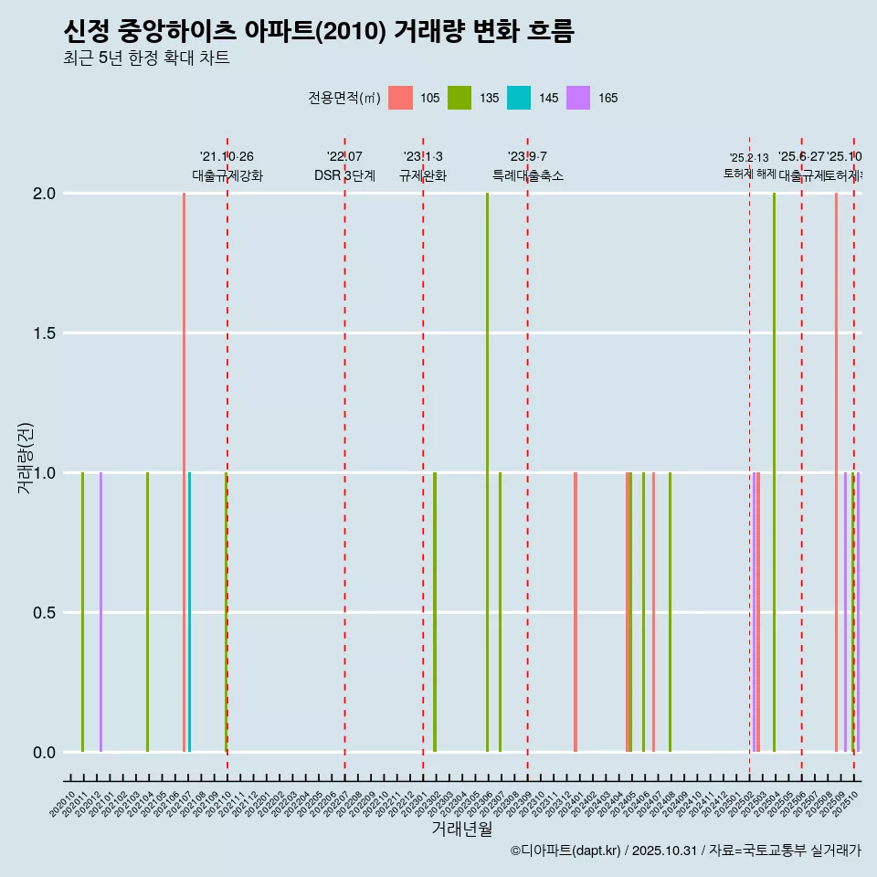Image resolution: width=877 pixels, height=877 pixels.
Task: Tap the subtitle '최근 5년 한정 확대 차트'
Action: click(x=146, y=58)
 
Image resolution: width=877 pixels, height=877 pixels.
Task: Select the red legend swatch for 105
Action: click(x=400, y=98)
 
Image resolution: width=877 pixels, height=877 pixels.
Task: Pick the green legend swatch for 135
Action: click(x=460, y=98)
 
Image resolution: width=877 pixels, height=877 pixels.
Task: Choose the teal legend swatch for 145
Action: click(x=519, y=98)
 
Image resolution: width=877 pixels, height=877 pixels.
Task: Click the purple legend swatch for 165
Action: click(x=578, y=98)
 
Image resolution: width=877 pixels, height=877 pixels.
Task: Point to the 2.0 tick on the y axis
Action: click(x=45, y=194)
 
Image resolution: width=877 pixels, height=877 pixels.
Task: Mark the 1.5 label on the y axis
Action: click(x=45, y=333)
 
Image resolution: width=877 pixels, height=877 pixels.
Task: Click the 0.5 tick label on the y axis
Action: click(x=45, y=613)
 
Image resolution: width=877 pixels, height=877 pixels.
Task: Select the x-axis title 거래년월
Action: click(x=462, y=829)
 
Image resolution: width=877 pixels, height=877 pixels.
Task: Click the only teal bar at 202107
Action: click(x=190, y=612)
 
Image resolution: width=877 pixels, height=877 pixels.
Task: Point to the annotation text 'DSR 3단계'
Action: click(x=344, y=175)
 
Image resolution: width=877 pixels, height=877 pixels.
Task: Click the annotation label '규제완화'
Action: click(x=423, y=175)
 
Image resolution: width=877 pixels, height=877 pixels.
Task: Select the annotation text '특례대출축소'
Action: click(x=528, y=175)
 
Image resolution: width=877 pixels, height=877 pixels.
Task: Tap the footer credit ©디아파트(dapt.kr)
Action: click(x=565, y=851)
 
